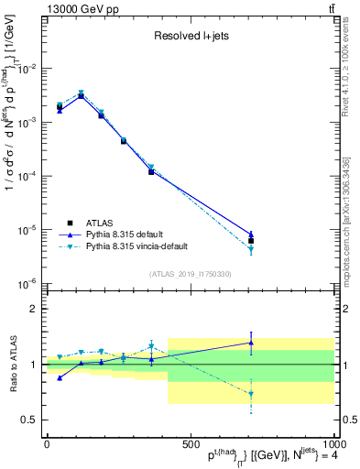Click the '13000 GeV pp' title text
click(x=80, y=8)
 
